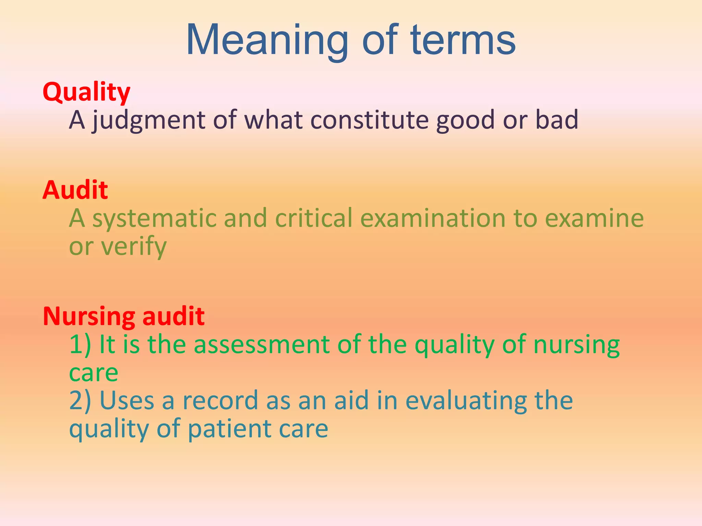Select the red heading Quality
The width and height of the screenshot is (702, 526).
coord(86,92)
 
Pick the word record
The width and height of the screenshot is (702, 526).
coord(220,400)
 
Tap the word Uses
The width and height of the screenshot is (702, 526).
coord(126,400)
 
